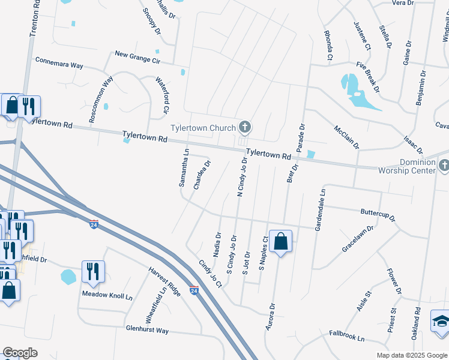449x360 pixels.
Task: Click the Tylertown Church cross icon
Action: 244,127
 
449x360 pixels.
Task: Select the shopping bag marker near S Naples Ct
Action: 280,242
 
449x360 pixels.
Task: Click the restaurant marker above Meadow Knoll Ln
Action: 93,271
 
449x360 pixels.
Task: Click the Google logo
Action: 20,352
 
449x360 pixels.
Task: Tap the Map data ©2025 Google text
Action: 411,355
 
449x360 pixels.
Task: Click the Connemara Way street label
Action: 59,61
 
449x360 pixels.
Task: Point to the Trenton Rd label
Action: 35,18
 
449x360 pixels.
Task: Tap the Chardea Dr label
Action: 202,175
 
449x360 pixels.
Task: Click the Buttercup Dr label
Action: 378,215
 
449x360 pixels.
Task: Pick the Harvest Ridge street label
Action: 165,281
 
